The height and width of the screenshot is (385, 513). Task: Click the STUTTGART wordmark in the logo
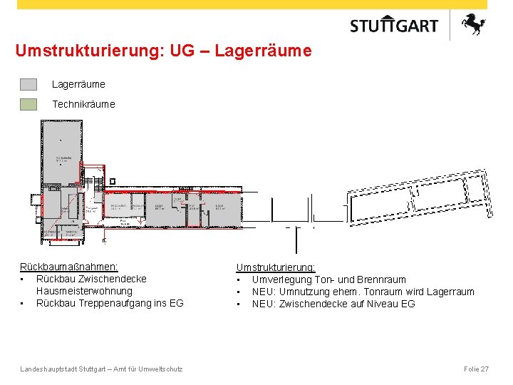(394, 26)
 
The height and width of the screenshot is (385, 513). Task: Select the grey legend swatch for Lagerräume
(28, 84)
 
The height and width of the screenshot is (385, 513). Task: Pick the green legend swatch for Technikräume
(28, 104)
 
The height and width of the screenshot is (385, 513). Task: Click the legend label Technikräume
(83, 104)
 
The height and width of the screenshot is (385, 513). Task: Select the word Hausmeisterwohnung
(84, 291)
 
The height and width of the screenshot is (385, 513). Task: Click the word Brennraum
(383, 279)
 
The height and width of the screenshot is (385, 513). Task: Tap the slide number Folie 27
(476, 369)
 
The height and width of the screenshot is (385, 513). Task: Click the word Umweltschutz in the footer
(161, 369)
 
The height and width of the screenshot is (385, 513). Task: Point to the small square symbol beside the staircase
(112, 181)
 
